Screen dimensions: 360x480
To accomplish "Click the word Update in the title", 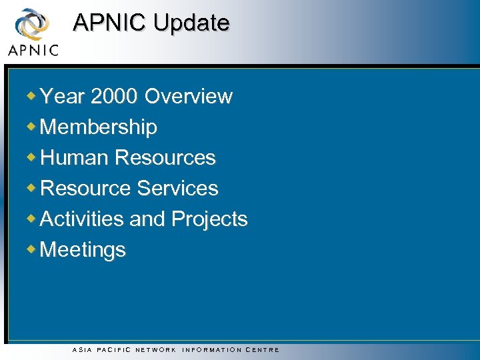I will click(x=191, y=23).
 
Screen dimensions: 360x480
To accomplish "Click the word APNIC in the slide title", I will click(x=110, y=23).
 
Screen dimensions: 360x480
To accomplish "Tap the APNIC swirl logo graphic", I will click(x=32, y=24).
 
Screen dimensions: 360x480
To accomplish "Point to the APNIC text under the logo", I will click(x=33, y=50).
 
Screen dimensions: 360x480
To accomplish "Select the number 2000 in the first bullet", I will click(x=115, y=97).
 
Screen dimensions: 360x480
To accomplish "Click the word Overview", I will click(x=189, y=97).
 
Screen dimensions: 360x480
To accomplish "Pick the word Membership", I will click(x=99, y=127).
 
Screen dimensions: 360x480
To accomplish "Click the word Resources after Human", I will click(x=165, y=158).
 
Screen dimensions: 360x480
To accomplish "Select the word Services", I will click(x=177, y=189).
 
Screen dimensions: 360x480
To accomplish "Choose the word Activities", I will click(x=82, y=219).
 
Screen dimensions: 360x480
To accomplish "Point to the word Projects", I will click(x=209, y=219).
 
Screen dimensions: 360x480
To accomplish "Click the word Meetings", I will click(x=83, y=250).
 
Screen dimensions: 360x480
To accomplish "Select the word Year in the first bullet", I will click(x=63, y=97).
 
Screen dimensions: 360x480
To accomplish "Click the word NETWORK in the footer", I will click(x=155, y=350).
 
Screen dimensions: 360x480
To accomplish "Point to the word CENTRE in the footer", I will click(x=263, y=350).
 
